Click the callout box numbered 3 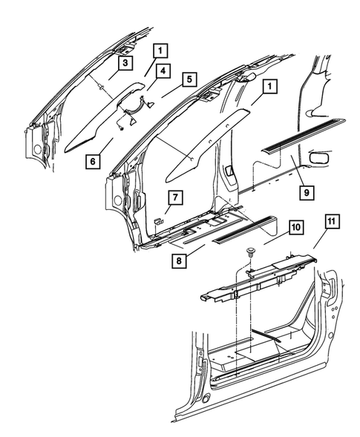coord(125,63)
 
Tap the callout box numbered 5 coord(190,78)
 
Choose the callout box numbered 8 coord(179,260)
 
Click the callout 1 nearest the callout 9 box coord(269,86)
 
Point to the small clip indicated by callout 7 coord(158,221)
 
